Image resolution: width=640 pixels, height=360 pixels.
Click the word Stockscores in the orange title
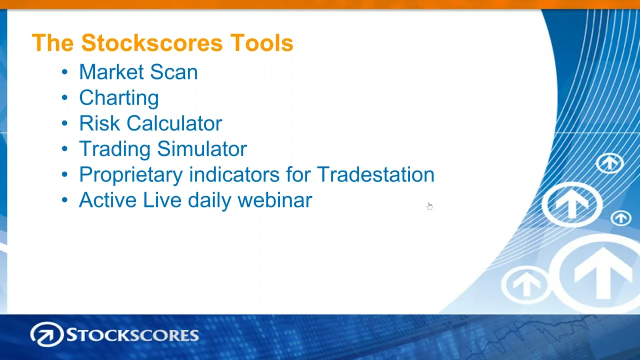click(151, 43)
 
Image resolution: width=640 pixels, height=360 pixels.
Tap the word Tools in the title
click(261, 43)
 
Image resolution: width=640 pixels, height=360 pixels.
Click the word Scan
click(173, 71)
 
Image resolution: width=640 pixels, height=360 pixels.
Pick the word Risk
click(99, 123)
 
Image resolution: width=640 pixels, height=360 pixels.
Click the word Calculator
click(174, 123)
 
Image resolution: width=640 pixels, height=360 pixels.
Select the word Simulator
click(202, 149)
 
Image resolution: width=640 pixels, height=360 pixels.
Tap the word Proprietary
click(131, 175)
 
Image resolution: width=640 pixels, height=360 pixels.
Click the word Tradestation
click(375, 174)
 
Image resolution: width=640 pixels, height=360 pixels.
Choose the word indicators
click(234, 174)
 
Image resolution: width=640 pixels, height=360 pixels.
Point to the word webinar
click(275, 200)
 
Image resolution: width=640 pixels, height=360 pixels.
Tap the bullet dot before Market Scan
click(64, 72)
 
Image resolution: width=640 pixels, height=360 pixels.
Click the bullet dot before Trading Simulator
click(64, 149)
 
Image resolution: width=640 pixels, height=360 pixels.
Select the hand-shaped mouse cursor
click(429, 206)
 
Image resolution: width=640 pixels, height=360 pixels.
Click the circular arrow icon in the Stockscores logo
click(47, 334)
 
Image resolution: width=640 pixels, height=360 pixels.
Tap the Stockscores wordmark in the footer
click(132, 335)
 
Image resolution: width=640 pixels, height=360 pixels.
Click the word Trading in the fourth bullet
click(114, 149)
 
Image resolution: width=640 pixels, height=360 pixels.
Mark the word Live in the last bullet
click(162, 200)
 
